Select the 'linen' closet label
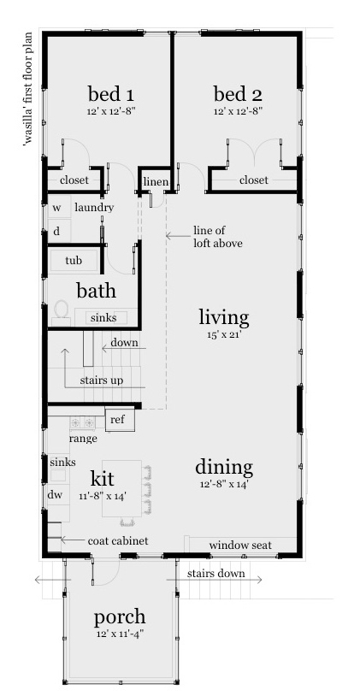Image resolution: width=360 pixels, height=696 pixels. point(156,182)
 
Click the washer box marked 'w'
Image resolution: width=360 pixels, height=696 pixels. point(58,208)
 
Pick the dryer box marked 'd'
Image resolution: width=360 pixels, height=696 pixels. point(58,231)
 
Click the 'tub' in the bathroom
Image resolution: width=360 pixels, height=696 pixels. point(74,260)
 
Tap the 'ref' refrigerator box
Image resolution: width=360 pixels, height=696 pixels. point(118,420)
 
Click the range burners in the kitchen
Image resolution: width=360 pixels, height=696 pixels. point(82,422)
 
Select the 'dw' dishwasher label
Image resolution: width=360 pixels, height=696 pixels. point(56,494)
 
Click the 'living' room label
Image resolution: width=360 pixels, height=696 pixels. point(223,318)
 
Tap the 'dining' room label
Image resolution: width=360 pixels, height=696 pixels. point(223,468)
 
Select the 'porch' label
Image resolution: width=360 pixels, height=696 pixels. point(119,617)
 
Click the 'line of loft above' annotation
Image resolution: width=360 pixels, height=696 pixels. point(217,237)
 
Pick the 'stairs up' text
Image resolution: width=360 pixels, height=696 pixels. point(101,379)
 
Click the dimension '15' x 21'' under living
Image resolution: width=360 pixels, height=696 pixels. point(223,334)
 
